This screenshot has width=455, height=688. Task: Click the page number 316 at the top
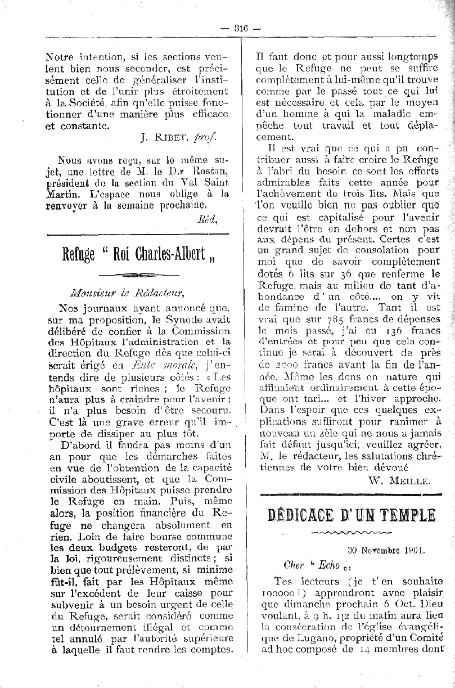(x=241, y=29)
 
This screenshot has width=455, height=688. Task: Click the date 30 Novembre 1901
(x=386, y=551)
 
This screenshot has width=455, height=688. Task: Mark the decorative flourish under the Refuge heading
(x=138, y=274)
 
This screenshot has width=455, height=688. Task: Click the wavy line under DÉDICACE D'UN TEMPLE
(x=350, y=532)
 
